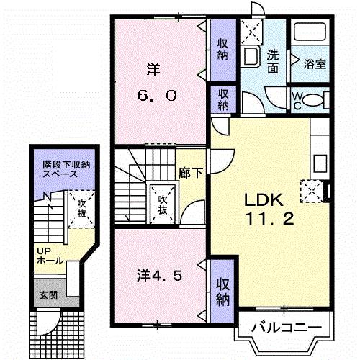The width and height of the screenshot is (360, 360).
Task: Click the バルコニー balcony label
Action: coord(286,328)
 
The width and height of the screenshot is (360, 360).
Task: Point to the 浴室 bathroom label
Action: coord(315,63)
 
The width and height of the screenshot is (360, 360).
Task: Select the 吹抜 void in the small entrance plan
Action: coord(82,208)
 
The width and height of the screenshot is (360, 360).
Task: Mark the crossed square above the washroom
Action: coord(253,32)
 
